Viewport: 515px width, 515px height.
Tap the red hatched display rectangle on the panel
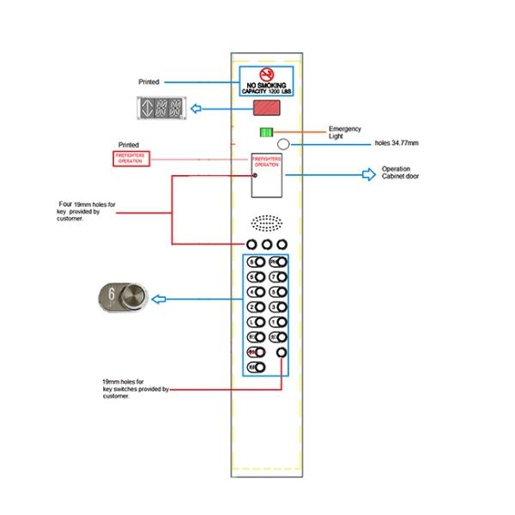(265, 109)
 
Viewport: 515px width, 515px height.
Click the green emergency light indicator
(265, 132)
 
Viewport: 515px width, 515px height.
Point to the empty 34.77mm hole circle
(282, 145)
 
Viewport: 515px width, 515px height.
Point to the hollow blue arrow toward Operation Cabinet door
(368, 174)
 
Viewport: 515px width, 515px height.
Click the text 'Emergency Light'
(345, 132)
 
